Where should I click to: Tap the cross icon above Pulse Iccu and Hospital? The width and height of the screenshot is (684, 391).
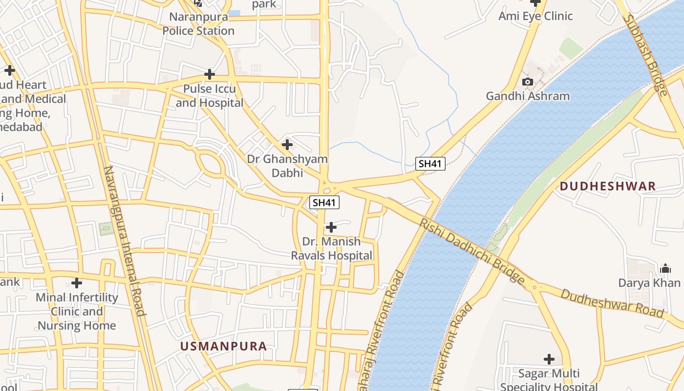pyautogui.click(x=210, y=74)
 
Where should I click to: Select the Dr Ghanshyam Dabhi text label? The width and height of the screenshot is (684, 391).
pyautogui.click(x=287, y=166)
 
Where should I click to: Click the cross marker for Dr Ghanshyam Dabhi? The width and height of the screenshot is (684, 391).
pyautogui.click(x=287, y=145)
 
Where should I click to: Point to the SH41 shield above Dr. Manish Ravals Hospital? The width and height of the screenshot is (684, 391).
pyautogui.click(x=324, y=202)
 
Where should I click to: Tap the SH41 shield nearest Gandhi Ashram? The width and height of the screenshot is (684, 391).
pyautogui.click(x=430, y=164)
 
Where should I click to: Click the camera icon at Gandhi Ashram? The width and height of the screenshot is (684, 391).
pyautogui.click(x=528, y=82)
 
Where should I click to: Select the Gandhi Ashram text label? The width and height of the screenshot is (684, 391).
pyautogui.click(x=528, y=96)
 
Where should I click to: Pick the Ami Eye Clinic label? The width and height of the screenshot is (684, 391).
pyautogui.click(x=535, y=16)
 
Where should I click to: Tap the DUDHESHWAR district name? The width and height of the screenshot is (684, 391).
pyautogui.click(x=607, y=186)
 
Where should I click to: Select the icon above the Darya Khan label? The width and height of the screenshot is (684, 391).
pyautogui.click(x=665, y=268)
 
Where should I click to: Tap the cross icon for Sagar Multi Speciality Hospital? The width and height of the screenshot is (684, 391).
pyautogui.click(x=549, y=359)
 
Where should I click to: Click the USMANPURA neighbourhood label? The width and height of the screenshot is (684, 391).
pyautogui.click(x=224, y=347)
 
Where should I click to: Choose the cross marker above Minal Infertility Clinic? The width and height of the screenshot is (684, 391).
pyautogui.click(x=77, y=283)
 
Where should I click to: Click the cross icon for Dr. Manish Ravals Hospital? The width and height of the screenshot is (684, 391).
pyautogui.click(x=331, y=227)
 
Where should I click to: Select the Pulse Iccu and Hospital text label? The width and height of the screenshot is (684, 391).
pyautogui.click(x=210, y=96)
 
